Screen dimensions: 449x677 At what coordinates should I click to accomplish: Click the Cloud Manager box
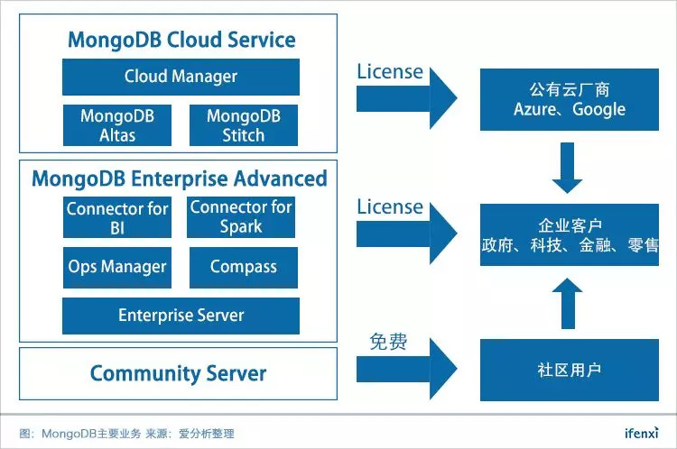[181, 77]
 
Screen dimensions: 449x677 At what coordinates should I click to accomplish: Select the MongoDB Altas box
[117, 125]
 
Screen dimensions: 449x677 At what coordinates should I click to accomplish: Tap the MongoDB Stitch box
[244, 125]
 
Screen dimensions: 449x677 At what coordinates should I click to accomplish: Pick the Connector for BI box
[117, 217]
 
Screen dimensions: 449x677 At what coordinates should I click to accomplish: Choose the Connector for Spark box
[241, 217]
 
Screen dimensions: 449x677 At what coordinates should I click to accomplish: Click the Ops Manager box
[117, 267]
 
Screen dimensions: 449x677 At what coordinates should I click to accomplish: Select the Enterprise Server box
[181, 316]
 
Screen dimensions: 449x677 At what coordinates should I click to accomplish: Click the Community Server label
[178, 373]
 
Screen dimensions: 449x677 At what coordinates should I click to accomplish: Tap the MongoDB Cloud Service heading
[181, 40]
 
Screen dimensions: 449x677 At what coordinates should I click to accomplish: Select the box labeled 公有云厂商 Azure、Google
[569, 99]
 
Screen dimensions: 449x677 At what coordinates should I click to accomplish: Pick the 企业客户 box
[569, 234]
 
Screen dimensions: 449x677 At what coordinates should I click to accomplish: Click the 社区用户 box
[569, 370]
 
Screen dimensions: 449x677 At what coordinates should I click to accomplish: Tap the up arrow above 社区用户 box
[569, 302]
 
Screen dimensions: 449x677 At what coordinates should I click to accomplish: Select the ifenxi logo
[641, 432]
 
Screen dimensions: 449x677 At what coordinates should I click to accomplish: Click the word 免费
[388, 342]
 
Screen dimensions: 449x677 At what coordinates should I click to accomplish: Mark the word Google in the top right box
[598, 109]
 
